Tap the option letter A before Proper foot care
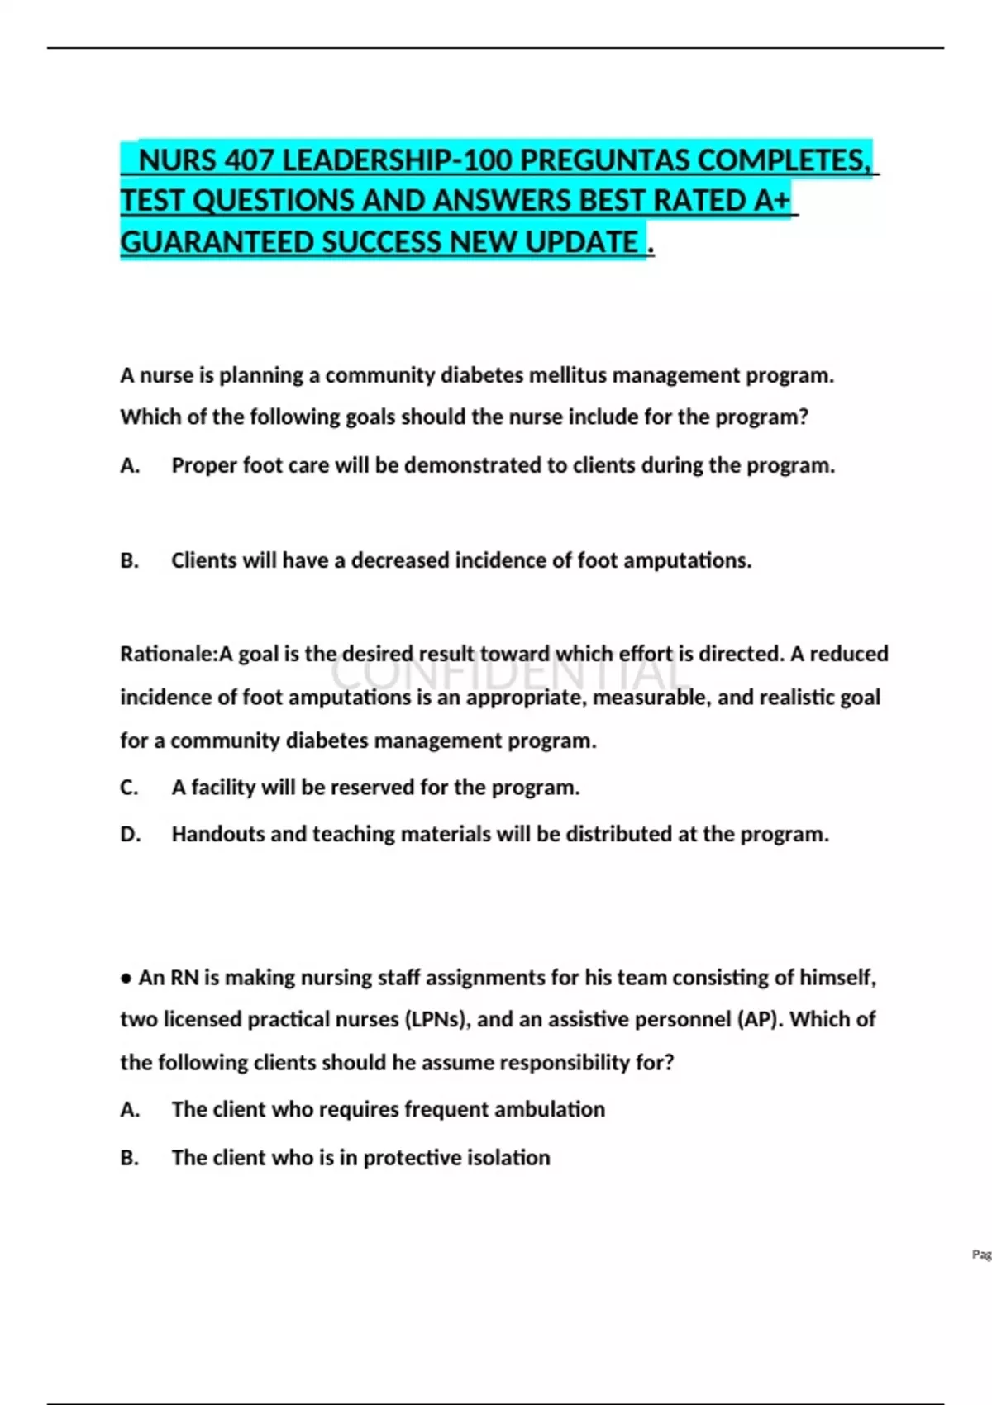click(129, 465)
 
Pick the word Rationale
click(166, 654)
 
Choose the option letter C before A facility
click(129, 788)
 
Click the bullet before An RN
click(126, 979)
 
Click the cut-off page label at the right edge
click(981, 1255)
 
